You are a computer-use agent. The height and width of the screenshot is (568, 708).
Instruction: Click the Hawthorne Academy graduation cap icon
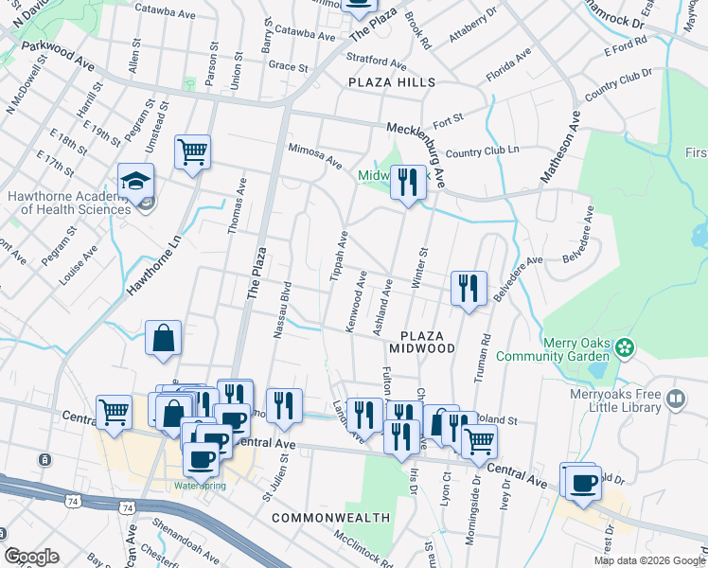[x=136, y=181]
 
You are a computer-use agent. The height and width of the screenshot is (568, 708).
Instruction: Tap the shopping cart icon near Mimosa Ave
[x=192, y=151]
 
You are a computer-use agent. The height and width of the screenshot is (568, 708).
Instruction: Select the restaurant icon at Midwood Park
[x=408, y=180]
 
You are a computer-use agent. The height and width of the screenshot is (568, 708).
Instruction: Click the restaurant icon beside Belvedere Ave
[x=469, y=288]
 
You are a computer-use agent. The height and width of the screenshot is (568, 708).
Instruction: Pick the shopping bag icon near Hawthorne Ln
[x=164, y=338]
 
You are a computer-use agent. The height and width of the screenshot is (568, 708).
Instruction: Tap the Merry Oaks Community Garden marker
[x=624, y=347]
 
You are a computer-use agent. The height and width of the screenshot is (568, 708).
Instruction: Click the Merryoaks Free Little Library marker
[x=674, y=399]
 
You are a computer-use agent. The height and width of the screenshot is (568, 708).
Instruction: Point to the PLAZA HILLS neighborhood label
[x=390, y=83]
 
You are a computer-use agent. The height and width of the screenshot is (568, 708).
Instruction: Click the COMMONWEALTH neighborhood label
[x=330, y=518]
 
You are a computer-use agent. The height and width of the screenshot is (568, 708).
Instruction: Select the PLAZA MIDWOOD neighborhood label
[x=428, y=342]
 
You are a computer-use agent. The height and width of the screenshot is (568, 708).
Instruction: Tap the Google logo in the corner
[x=31, y=557]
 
